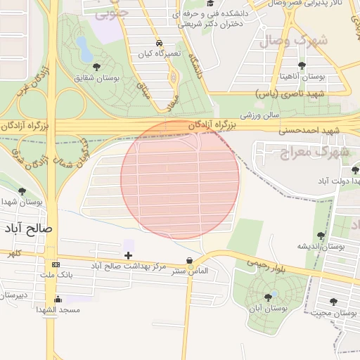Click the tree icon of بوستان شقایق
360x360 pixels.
pyautogui.click(x=96, y=67)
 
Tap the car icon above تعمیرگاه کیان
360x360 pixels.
pyautogui.click(x=160, y=43)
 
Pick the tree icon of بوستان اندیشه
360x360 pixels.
pyautogui.click(x=321, y=236)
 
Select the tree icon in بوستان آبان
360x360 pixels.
pyautogui.click(x=268, y=297)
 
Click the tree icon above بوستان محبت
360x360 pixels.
pyautogui.click(x=333, y=302)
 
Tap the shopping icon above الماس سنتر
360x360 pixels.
pyautogui.click(x=189, y=260)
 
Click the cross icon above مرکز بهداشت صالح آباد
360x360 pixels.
pyautogui.click(x=128, y=255)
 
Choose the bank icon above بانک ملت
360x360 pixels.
pyautogui.click(x=56, y=264)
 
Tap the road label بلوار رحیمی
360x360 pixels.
pyautogui.click(x=266, y=264)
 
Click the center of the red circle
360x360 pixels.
pyautogui.click(x=180, y=179)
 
